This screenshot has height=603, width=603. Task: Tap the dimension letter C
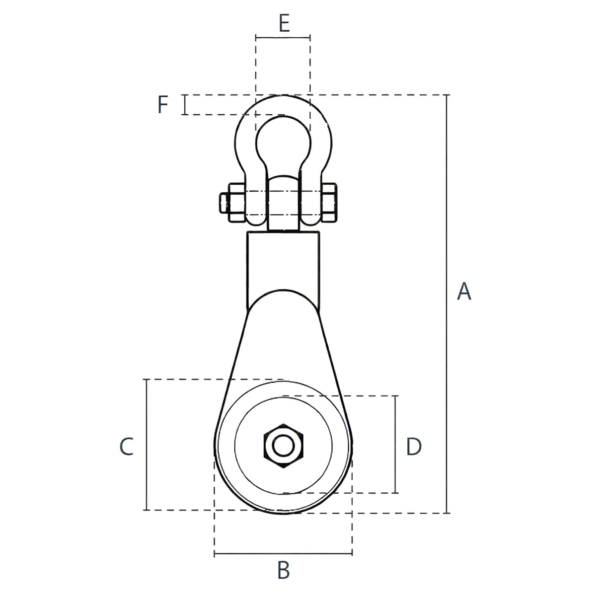[x=127, y=446]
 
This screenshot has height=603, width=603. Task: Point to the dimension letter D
[x=414, y=446]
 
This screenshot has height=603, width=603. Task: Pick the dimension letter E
[x=284, y=23]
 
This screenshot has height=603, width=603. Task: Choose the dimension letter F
[x=163, y=104]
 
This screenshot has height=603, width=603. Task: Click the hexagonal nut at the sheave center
[x=283, y=446]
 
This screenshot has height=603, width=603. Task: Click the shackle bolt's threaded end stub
[x=225, y=203]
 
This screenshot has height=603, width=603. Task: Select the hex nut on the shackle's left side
[x=237, y=203]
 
